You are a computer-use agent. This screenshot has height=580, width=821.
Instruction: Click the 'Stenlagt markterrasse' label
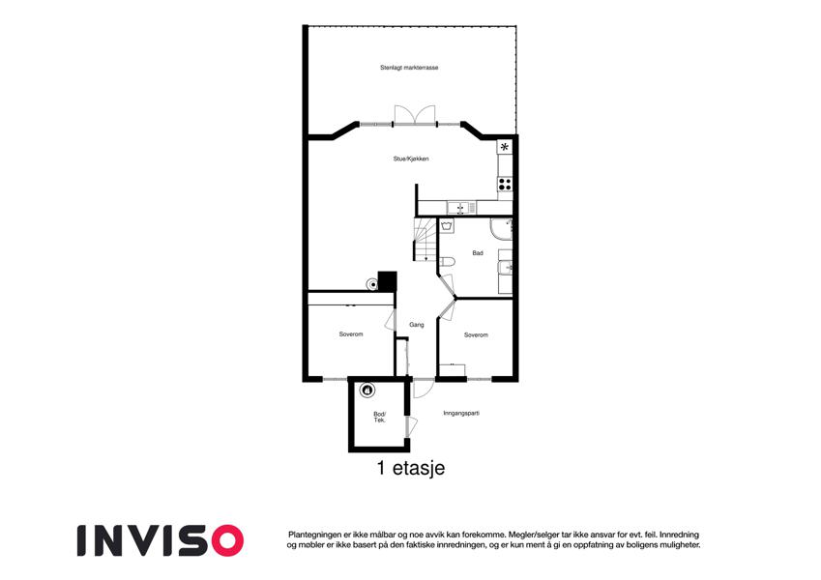(x=409, y=68)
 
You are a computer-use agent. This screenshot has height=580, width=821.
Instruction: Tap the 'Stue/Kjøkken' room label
(x=411, y=159)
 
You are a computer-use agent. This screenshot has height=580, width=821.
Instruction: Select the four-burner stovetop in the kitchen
(x=505, y=185)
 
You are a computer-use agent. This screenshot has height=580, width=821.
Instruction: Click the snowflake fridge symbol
(x=504, y=147)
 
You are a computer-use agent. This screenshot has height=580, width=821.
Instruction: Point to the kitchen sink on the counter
(x=461, y=208)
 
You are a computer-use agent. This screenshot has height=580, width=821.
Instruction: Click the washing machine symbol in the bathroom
(x=447, y=226)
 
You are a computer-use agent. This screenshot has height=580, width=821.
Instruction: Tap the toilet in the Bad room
(x=447, y=262)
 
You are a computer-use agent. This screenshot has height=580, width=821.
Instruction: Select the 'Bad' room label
(x=478, y=253)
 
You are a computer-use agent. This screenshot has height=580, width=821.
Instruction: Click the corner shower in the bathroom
(x=501, y=229)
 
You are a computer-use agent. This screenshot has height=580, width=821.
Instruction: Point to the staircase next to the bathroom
(x=425, y=240)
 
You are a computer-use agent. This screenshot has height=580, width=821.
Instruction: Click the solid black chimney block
(x=388, y=281)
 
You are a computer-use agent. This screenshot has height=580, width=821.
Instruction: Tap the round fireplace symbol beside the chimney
(x=371, y=284)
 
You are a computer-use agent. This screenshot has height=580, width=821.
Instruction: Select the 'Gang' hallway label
(x=417, y=325)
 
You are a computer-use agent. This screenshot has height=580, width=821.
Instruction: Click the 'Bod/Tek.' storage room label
(x=380, y=418)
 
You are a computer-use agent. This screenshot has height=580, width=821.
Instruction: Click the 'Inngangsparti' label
(x=461, y=413)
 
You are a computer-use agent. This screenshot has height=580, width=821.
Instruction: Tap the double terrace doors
(x=415, y=115)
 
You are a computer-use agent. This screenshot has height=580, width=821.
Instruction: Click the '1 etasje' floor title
(x=411, y=468)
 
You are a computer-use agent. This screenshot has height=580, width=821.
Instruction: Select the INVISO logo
(x=161, y=540)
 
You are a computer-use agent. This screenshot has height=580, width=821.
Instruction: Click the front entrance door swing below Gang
(x=423, y=389)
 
